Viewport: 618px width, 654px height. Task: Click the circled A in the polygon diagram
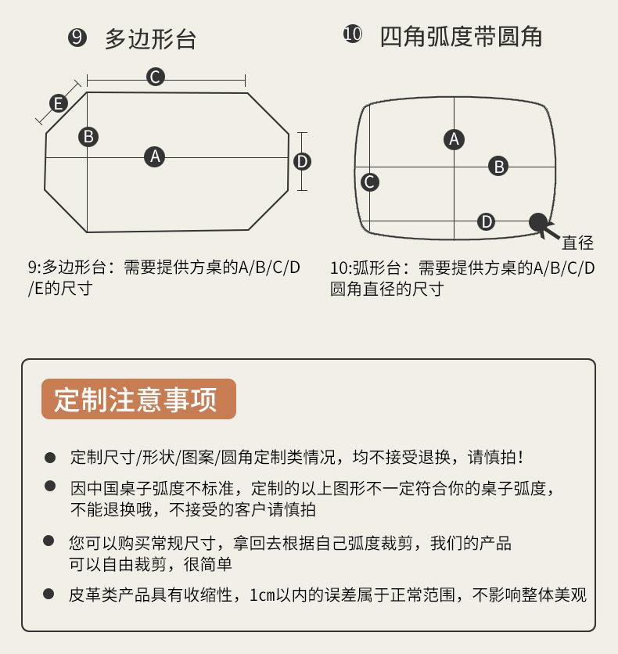(x=155, y=156)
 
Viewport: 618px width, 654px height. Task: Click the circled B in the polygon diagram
(x=88, y=136)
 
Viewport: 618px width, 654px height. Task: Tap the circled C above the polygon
(x=155, y=77)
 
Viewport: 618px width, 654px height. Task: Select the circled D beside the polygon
(x=302, y=161)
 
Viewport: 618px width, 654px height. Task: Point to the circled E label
(x=58, y=102)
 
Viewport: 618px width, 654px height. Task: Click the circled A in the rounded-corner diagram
(x=454, y=139)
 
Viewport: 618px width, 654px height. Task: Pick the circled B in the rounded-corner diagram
(x=498, y=166)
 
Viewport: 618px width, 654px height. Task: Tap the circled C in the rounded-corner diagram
(x=370, y=182)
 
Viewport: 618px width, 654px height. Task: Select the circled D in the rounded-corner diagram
(x=487, y=221)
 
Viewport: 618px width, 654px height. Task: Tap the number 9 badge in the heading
(x=77, y=38)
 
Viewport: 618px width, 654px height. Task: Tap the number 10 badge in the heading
(x=353, y=35)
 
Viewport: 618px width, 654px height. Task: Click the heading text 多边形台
(x=150, y=39)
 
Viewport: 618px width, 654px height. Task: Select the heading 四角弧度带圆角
(x=461, y=37)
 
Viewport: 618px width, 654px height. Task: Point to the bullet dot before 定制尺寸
(x=50, y=457)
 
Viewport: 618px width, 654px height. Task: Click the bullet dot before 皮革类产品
(x=50, y=594)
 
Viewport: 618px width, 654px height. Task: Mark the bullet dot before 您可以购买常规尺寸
(x=50, y=541)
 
